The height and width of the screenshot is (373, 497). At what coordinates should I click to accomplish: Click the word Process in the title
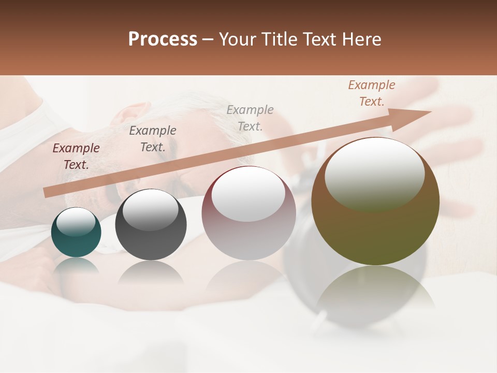[x=163, y=39]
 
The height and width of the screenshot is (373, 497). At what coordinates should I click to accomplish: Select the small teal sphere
[x=76, y=233]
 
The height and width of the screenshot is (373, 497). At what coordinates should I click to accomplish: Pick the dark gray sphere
[x=151, y=225]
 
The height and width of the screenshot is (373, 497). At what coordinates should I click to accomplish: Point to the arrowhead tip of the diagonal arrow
[x=430, y=112]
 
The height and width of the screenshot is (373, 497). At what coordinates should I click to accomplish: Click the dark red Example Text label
[x=76, y=156]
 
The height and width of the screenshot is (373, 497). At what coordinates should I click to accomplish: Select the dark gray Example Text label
[x=153, y=139]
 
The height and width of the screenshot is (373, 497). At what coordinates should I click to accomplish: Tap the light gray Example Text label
[x=250, y=118]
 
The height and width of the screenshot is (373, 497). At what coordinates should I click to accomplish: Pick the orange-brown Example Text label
[x=371, y=93]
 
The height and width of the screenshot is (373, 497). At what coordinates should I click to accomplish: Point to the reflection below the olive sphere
[x=375, y=290]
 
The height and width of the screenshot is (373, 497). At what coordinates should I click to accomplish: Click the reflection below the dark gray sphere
[x=151, y=272]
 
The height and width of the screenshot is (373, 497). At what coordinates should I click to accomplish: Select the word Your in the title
[x=236, y=39]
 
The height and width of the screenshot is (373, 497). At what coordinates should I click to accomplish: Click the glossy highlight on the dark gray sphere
[x=150, y=210]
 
